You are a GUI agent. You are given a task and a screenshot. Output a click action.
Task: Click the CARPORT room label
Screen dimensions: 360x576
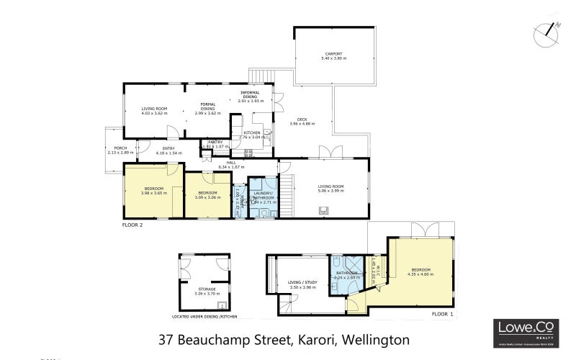[333, 53]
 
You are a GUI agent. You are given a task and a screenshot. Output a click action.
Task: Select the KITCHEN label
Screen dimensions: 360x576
[251, 132]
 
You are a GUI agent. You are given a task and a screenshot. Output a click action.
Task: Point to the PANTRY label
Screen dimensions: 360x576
[215, 142]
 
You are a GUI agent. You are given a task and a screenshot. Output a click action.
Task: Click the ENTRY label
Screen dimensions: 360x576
[166, 148]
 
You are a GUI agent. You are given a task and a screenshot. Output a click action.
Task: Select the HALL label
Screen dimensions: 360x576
[231, 163]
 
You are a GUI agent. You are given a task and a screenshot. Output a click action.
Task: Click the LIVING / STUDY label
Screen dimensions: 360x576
[302, 282]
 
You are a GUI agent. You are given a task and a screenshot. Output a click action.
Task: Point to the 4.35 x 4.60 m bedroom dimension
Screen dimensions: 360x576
[421, 274]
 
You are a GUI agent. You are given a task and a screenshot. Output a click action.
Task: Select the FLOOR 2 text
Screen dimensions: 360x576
[132, 225]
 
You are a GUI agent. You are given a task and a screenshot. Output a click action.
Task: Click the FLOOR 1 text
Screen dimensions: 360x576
[442, 315]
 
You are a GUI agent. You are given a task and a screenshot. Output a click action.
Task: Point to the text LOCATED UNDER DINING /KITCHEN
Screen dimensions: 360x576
[204, 316]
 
